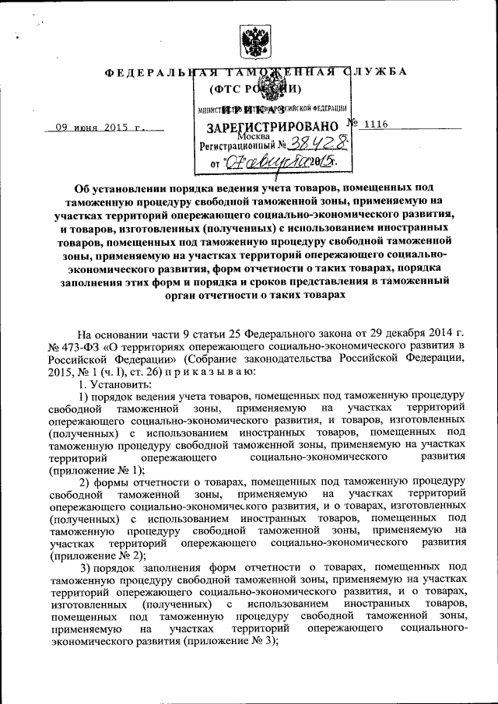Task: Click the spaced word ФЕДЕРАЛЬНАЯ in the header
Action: (x=156, y=72)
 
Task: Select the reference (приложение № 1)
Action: (x=96, y=471)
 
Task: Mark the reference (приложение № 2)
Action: (x=96, y=557)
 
